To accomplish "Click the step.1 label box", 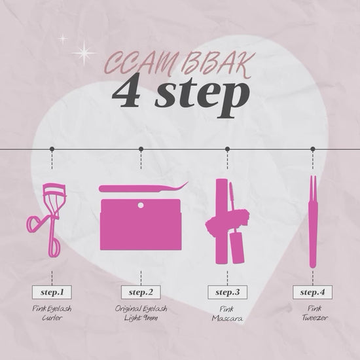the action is click(52, 293).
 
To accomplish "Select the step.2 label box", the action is click(141, 293).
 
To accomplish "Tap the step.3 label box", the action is click(227, 293).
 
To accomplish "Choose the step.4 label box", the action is click(312, 293).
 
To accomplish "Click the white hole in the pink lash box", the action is click(141, 205).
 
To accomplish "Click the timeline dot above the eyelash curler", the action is click(52, 149).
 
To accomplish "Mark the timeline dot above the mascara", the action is click(227, 149).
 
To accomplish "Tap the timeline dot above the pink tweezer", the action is click(312, 149).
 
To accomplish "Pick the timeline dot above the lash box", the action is click(141, 149).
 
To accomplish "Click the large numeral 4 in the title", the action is click(127, 92).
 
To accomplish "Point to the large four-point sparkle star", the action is click(84, 53).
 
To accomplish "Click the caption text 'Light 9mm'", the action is click(141, 318).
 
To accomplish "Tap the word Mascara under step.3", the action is click(227, 318).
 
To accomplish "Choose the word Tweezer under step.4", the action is click(315, 317).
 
